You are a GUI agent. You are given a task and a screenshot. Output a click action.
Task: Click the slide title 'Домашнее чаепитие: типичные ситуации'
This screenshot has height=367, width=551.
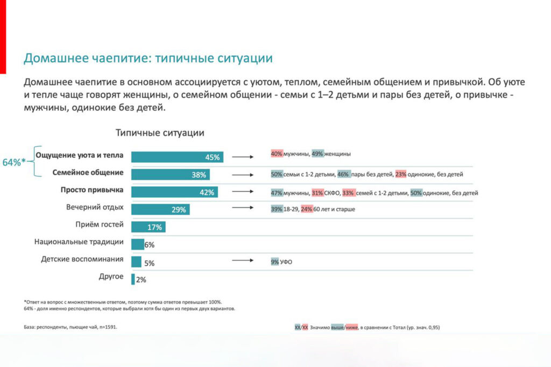148,58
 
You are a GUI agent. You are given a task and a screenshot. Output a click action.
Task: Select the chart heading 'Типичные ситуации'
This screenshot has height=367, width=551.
160,133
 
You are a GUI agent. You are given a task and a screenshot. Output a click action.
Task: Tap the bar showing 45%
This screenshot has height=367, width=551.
177,157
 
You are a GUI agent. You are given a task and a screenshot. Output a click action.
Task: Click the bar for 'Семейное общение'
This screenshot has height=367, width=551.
170,175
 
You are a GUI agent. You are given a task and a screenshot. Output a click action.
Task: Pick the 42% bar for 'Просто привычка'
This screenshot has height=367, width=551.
174,192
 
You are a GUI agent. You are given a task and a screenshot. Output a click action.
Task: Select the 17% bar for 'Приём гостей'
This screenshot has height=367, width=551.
148,227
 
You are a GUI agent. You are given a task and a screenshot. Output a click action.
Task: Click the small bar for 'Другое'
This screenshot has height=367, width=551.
133,278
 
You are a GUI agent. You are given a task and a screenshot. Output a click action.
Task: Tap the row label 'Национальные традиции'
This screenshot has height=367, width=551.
79,242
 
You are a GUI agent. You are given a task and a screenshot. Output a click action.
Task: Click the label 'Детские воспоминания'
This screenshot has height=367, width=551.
82,260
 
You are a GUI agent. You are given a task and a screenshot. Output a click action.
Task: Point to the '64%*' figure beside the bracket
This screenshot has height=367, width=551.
14,162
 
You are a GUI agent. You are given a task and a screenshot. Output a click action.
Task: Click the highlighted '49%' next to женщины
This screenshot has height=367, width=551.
317,154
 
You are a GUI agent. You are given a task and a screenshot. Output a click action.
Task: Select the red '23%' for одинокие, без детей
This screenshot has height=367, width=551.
401,174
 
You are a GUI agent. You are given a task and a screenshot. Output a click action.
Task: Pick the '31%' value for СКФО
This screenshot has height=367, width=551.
317,192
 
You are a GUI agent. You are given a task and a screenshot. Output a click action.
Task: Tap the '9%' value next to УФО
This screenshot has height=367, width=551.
275,262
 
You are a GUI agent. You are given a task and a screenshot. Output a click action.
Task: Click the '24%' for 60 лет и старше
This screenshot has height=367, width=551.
307,209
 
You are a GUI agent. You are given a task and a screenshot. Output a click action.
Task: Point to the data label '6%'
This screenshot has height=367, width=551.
150,245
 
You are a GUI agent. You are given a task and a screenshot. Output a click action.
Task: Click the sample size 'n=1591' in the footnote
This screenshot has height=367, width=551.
105,327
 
